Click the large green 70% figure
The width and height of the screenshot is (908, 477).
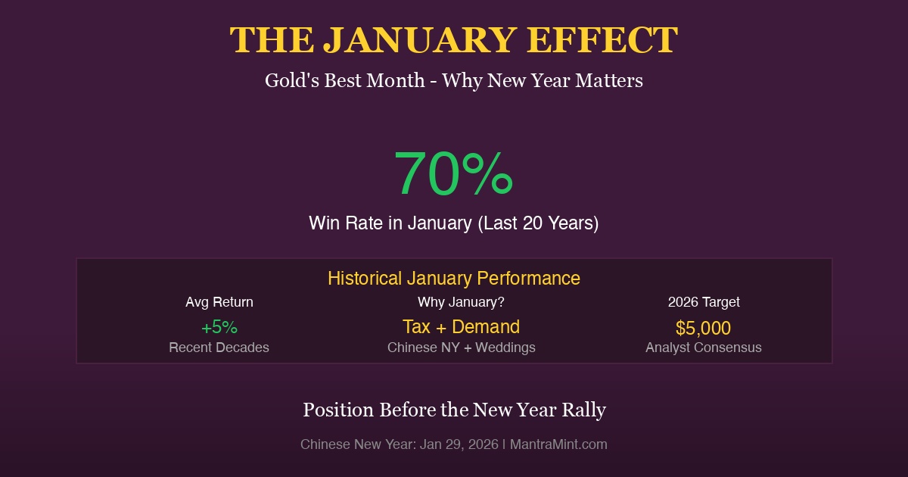pyautogui.click(x=453, y=173)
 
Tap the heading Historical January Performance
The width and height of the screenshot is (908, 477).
pyautogui.click(x=454, y=278)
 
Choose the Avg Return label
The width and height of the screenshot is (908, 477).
pyautogui.click(x=219, y=302)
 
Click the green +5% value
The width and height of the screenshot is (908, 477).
pyautogui.click(x=219, y=327)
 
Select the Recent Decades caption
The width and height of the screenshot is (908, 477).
pyautogui.click(x=219, y=348)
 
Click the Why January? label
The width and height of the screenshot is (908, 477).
pyautogui.click(x=461, y=302)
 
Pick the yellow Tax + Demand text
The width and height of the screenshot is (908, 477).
pyautogui.click(x=461, y=326)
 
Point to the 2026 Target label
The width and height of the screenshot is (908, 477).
pyautogui.click(x=704, y=302)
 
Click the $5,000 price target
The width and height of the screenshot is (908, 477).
pyautogui.click(x=704, y=328)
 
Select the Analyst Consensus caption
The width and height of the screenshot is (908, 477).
pyautogui.click(x=704, y=348)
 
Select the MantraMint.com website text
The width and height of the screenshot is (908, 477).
pyautogui.click(x=558, y=444)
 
